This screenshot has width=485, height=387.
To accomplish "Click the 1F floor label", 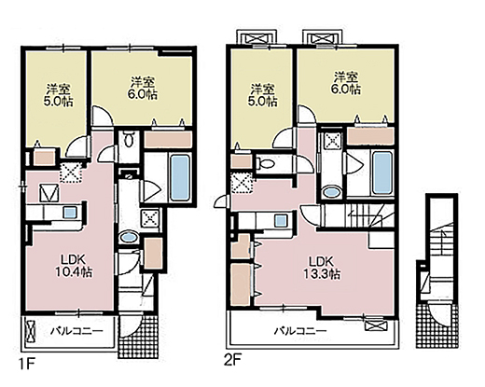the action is pos(27,364).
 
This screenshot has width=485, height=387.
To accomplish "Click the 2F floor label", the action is pos(232,361).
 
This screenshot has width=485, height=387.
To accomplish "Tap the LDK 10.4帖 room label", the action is pos(74,266).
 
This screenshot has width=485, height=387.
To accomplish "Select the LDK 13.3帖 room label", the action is pos(321,268).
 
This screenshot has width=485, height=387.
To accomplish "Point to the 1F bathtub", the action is pos(180,178).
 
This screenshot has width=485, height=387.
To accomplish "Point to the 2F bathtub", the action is pos(382,173).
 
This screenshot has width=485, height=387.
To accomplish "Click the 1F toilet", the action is pos(129,139).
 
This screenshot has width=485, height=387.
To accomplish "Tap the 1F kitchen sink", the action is pos(69,213).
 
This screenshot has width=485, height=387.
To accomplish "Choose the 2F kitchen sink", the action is pos(281,220).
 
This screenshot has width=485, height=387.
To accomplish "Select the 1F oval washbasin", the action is pos(129,237).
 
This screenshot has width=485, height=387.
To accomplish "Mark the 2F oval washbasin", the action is pos(332,191).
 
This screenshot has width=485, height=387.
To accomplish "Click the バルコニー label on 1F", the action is pos(76,331).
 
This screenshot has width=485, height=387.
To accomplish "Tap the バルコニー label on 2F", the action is pos(300,330).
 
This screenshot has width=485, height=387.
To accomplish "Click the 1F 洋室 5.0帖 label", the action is pos(59,95).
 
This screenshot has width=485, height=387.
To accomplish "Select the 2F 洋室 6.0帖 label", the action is pos(345,83).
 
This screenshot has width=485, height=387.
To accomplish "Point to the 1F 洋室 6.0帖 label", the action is pos(143,88).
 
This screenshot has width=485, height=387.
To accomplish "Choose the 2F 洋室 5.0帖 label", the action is pos(263,95).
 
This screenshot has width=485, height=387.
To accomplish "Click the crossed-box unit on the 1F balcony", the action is pos(31,331).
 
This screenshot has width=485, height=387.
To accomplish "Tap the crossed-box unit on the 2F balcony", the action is pos(377,326).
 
